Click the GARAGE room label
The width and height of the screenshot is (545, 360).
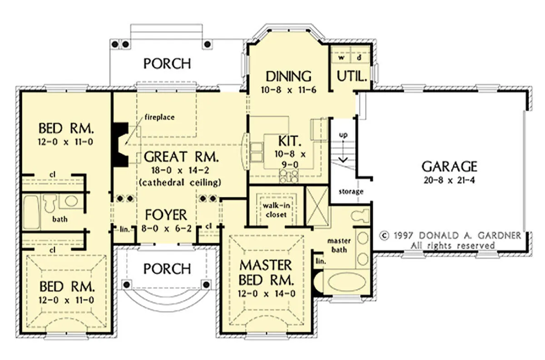[x=449, y=167]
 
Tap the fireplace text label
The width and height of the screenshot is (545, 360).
[x=159, y=117]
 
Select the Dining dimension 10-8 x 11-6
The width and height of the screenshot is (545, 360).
[x=288, y=90]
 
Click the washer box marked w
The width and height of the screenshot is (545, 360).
[x=342, y=58]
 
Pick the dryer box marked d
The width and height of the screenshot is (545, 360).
[x=359, y=58]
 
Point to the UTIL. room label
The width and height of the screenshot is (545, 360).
[x=352, y=76]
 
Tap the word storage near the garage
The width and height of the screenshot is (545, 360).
[x=351, y=192]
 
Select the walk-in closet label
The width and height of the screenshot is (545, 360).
[x=276, y=210]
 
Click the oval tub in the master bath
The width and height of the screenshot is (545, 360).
[x=347, y=282]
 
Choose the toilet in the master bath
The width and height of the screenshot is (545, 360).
[x=360, y=215]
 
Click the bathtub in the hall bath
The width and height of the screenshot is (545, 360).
[x=31, y=212]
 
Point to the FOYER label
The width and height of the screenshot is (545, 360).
[x=166, y=215]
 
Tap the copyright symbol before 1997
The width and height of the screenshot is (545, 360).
[x=384, y=235]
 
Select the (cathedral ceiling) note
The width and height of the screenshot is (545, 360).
[x=180, y=182]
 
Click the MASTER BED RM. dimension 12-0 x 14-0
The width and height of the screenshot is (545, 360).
[x=267, y=294]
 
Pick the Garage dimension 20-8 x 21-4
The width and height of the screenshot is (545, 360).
[x=449, y=180]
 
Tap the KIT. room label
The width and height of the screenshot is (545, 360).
[x=288, y=141]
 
